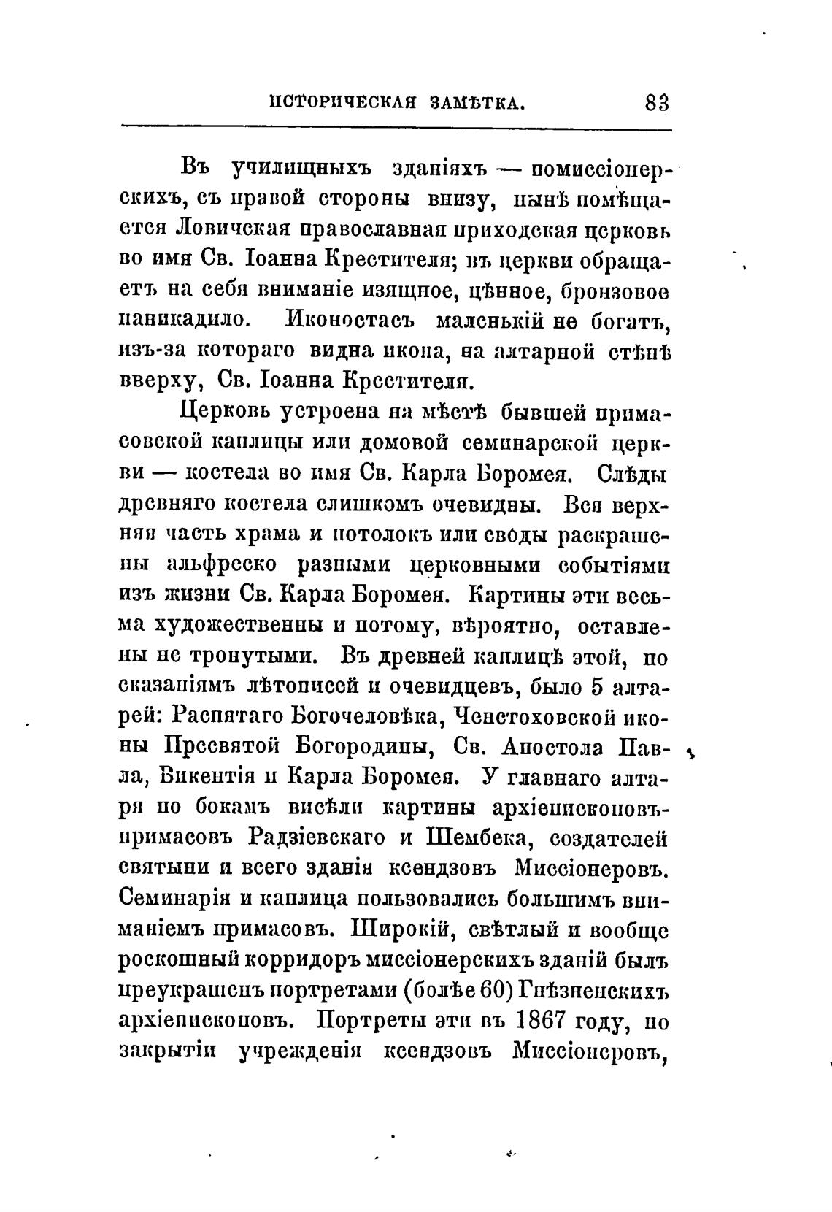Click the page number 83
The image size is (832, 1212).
[x=656, y=103]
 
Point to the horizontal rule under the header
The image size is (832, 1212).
[x=395, y=129]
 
